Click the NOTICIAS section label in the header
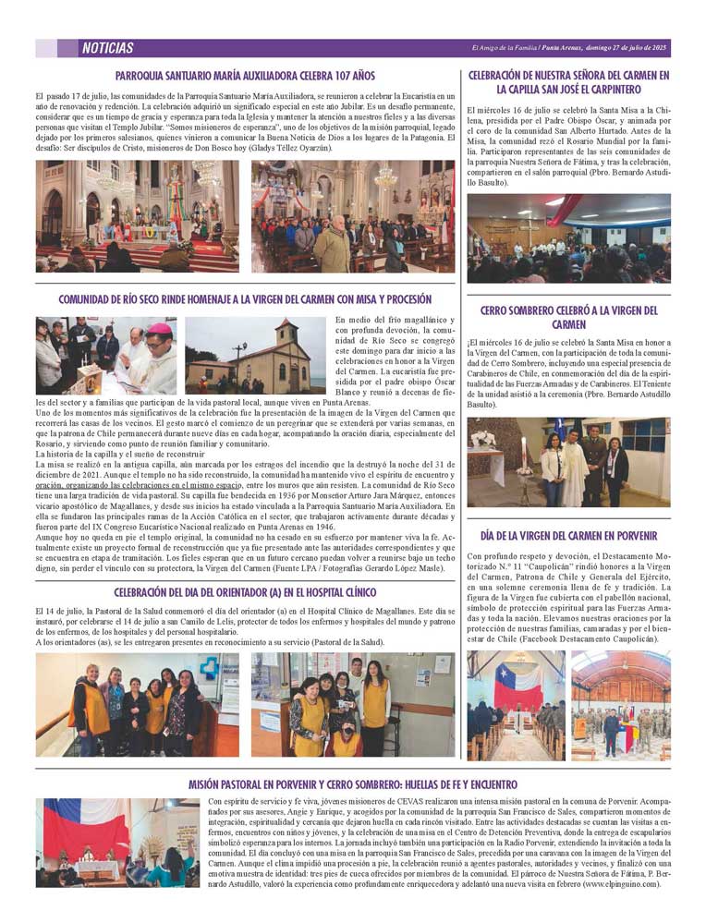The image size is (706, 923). [107, 48]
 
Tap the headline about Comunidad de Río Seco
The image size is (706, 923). [245, 299]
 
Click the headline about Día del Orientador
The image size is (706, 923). [245, 592]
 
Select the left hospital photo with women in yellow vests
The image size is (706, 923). [137, 705]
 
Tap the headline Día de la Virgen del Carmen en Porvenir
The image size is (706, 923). [568, 535]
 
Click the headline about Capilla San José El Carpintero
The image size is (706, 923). [568, 82]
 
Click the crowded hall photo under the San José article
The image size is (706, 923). [568, 237]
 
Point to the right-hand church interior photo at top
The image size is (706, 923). [352, 216]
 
